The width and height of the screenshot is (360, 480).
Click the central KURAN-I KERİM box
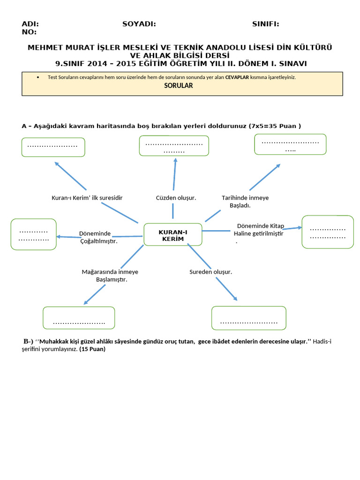[172, 235]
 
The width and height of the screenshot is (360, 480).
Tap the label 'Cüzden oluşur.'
[176, 198]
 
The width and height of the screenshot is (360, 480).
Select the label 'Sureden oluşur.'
[210, 272]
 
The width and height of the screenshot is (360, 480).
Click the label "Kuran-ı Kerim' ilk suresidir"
[87, 198]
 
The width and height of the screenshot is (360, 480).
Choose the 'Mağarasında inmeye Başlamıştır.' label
[110, 276]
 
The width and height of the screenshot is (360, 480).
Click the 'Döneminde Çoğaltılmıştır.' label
[98, 237]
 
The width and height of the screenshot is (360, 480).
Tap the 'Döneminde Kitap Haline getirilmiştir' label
[260, 230]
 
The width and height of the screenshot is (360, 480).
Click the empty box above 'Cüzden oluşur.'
[174, 146]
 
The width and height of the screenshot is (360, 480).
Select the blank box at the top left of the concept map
[53, 147]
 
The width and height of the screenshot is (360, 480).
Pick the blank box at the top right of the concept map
[290, 144]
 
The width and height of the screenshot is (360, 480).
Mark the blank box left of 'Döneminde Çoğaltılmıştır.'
[33, 234]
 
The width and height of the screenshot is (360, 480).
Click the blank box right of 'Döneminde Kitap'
[328, 232]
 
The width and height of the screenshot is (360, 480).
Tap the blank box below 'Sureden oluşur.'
[248, 318]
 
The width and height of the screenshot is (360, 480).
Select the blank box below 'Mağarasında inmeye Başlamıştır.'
[79, 318]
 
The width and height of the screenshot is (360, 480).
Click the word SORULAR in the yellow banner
[178, 86]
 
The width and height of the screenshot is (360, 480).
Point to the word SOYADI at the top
[139, 24]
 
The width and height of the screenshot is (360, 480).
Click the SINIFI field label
[265, 24]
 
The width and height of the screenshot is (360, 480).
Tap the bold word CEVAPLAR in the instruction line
[237, 77]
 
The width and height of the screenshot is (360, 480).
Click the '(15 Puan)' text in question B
[92, 349]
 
